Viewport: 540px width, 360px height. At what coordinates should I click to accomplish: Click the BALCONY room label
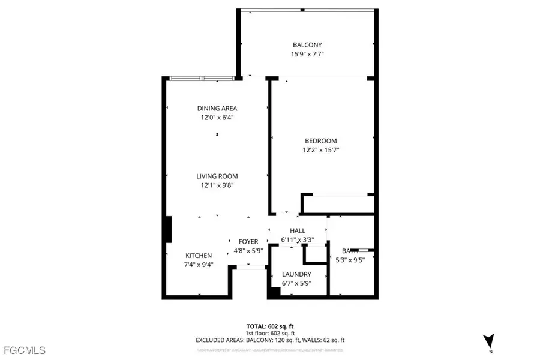[307, 45]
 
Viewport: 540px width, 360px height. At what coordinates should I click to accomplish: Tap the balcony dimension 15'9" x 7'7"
[307, 54]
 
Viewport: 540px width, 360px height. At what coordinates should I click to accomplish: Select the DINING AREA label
[217, 109]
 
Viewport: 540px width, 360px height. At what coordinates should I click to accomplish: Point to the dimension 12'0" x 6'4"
[217, 118]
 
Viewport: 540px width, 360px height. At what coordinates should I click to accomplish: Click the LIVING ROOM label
[217, 176]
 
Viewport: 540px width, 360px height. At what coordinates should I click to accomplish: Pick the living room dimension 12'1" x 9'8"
[217, 185]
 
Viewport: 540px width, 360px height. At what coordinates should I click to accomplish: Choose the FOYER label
[248, 242]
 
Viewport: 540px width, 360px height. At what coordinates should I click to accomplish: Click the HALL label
[298, 230]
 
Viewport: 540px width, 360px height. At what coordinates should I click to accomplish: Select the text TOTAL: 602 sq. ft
[270, 326]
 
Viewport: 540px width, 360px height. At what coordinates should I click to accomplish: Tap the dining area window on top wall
[200, 78]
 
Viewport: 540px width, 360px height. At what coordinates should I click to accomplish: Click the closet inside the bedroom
[338, 204]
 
